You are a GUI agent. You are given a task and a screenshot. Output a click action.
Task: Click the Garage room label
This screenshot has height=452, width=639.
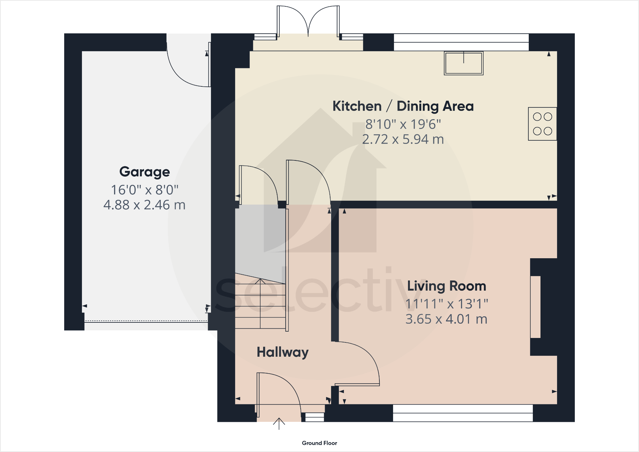(x=145, y=172)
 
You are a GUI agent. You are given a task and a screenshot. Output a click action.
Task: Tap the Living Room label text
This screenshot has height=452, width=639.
(x=446, y=286)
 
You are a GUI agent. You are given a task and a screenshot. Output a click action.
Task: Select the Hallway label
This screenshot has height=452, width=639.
(x=282, y=352)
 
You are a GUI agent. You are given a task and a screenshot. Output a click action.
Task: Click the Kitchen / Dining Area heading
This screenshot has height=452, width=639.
(x=403, y=106)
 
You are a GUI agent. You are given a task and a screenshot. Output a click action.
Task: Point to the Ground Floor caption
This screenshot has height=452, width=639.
(x=319, y=443)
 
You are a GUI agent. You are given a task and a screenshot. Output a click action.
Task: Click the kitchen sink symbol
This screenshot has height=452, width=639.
(x=464, y=63)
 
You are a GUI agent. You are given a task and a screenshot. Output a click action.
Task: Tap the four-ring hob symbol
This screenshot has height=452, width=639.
(x=542, y=124)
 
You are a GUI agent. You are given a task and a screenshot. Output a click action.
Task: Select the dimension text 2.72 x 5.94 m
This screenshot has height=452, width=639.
(x=403, y=139)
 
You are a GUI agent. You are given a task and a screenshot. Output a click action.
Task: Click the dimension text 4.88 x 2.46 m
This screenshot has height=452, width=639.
(x=145, y=205)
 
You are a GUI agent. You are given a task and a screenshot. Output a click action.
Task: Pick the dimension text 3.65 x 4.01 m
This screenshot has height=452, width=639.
(x=446, y=319)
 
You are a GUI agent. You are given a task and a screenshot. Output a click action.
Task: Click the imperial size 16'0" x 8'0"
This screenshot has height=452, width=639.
(x=145, y=190)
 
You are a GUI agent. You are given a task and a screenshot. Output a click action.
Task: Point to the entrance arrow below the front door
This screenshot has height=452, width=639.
(x=279, y=423)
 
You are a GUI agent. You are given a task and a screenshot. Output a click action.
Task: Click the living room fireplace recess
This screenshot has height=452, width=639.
(x=535, y=307)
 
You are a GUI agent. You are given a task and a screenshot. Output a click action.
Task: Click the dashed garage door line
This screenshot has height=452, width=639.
(x=146, y=321)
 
